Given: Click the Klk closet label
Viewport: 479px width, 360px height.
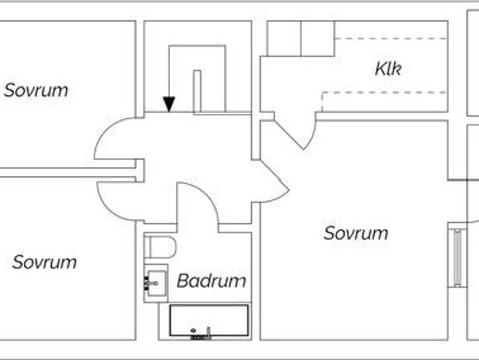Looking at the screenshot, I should (x=388, y=70).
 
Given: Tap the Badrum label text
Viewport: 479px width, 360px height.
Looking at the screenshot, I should (x=211, y=281).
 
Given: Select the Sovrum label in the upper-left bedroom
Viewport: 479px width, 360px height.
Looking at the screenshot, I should (x=36, y=91).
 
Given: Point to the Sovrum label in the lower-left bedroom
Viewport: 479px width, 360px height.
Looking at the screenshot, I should (x=44, y=262).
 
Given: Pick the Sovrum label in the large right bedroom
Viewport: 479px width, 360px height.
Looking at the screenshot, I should (x=356, y=233).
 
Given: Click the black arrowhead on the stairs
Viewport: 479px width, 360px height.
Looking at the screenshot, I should (x=169, y=103).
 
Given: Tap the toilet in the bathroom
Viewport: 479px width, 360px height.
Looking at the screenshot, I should (x=160, y=247).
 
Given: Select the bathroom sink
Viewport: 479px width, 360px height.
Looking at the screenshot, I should (x=156, y=283).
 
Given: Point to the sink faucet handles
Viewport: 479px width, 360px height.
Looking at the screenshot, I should (x=146, y=283).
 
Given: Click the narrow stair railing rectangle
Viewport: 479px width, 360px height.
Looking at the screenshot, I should (x=197, y=91).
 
